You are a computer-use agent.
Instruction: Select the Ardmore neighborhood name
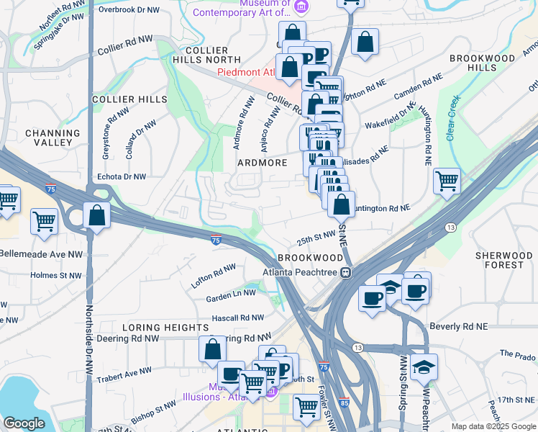263,163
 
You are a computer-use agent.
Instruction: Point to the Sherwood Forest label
504,260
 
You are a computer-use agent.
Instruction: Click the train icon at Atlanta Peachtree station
346,272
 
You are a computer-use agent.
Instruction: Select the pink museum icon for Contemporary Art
301,6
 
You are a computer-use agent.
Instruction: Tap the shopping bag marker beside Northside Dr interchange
96,215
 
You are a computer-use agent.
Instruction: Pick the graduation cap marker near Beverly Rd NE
424,366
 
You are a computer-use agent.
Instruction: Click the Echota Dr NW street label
121,176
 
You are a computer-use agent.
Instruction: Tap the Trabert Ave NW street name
124,373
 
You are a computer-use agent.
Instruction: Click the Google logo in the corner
24,423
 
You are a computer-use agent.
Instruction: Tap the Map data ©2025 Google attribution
493,426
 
